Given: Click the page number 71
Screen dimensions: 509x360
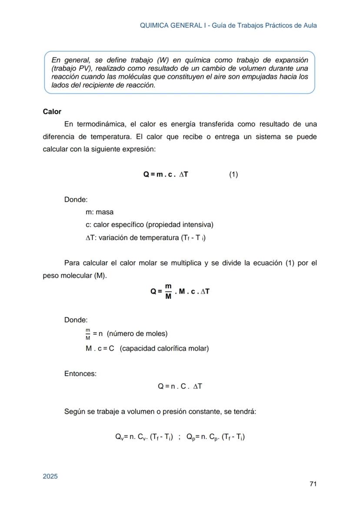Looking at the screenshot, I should coord(313,484).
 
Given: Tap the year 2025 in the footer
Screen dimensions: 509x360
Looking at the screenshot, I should coord(50,476).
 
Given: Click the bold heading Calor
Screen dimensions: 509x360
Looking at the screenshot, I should coord(52,112).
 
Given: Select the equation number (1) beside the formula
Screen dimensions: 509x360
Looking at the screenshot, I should coord(233,175).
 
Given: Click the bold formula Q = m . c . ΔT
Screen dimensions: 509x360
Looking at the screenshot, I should coord(166,175).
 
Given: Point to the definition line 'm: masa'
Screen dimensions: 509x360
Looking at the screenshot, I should coord(100,212).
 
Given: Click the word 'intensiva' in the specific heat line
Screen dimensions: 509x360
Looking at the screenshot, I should coord(197,225).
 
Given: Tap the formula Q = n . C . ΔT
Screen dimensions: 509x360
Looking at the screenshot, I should coord(180,386).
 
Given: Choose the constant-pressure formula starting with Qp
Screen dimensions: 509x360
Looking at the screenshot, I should coord(215,437).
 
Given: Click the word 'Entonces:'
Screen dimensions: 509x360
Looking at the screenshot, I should coord(80,373).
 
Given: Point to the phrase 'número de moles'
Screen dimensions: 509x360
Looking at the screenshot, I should coord(137,334).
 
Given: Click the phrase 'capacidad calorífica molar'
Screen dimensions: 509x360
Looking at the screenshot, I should coord(164,349).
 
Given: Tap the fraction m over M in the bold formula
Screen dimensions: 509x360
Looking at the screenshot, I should coord(168,291).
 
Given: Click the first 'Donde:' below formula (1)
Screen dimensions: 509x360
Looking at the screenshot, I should coord(76,200).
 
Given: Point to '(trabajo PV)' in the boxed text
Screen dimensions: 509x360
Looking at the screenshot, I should coord(70,69).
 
